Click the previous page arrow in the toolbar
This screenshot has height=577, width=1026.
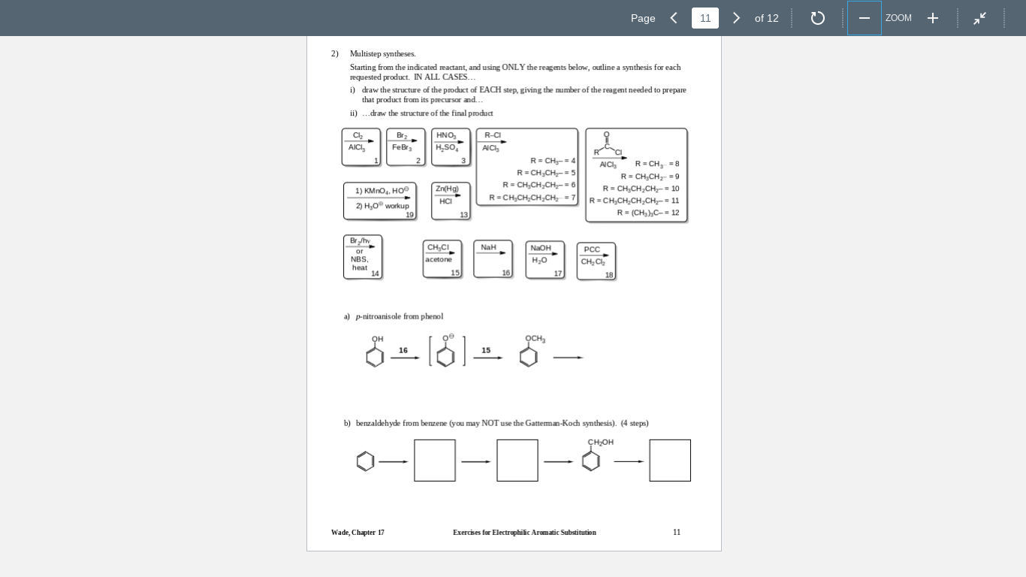tap(674, 18)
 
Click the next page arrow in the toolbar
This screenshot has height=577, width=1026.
tap(736, 18)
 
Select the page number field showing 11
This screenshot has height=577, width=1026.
tap(705, 18)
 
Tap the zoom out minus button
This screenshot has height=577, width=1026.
tap(865, 18)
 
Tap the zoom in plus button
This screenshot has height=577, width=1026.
tap(933, 18)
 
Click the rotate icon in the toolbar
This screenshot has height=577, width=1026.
tap(818, 18)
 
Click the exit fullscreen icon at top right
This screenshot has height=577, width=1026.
tap(980, 18)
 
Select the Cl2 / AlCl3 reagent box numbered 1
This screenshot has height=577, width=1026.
tap(361, 147)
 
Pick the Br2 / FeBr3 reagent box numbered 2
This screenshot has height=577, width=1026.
tap(406, 147)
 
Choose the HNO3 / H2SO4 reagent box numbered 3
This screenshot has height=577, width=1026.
tap(451, 147)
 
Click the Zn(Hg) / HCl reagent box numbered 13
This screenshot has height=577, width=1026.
tap(451, 201)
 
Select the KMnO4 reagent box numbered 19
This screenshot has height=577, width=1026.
tap(380, 201)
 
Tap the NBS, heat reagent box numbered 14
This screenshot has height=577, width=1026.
tap(363, 257)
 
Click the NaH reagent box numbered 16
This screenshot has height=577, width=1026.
tap(493, 258)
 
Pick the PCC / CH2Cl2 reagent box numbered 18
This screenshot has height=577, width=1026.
tap(596, 261)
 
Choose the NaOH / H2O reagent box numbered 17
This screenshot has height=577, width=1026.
tap(545, 259)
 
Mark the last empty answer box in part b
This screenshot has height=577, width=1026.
tap(670, 461)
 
